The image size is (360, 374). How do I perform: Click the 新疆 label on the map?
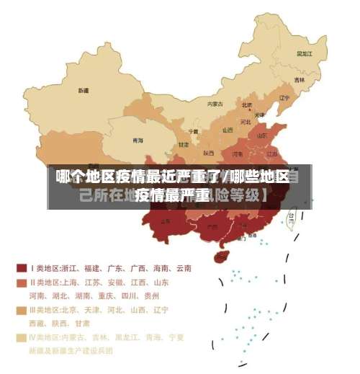coord(84,91)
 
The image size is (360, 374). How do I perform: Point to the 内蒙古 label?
coord(215,104)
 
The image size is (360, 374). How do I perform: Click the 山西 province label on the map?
coord(228,130)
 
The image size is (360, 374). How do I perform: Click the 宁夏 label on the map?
coord(193,131)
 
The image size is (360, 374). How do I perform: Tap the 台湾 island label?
coord(292,215)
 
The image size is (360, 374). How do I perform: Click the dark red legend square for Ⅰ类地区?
coord(22,268)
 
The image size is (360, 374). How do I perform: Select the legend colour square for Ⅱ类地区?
coord(22,282)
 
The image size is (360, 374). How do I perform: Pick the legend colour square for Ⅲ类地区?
coord(22,311)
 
